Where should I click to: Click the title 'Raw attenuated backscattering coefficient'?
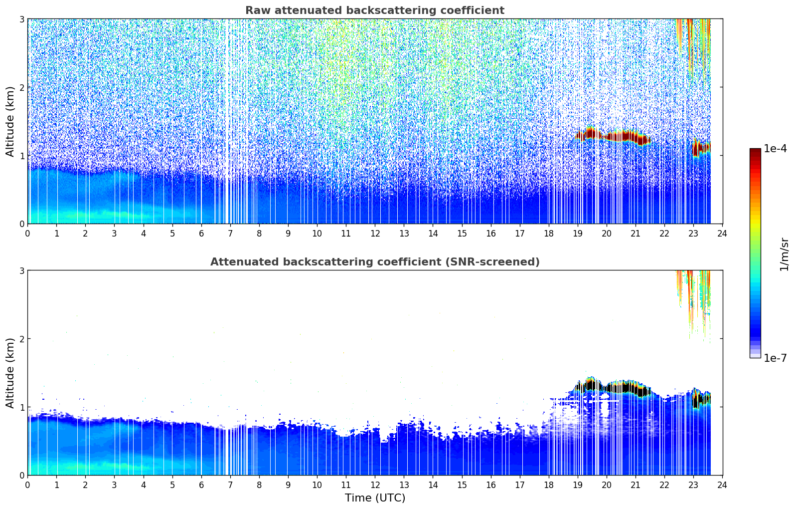[374, 10]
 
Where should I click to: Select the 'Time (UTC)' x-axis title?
[375, 498]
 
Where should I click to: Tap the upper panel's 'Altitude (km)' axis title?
[10, 121]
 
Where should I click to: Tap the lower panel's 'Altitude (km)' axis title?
[10, 373]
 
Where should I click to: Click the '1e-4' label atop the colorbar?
[775, 149]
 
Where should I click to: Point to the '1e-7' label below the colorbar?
[775, 358]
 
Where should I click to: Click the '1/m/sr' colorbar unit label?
[784, 254]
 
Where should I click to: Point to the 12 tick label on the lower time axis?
[375, 485]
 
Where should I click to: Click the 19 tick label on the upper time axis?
[578, 234]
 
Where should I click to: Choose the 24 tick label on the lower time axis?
[722, 485]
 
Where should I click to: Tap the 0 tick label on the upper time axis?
[28, 234]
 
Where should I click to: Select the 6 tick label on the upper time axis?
[201, 234]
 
